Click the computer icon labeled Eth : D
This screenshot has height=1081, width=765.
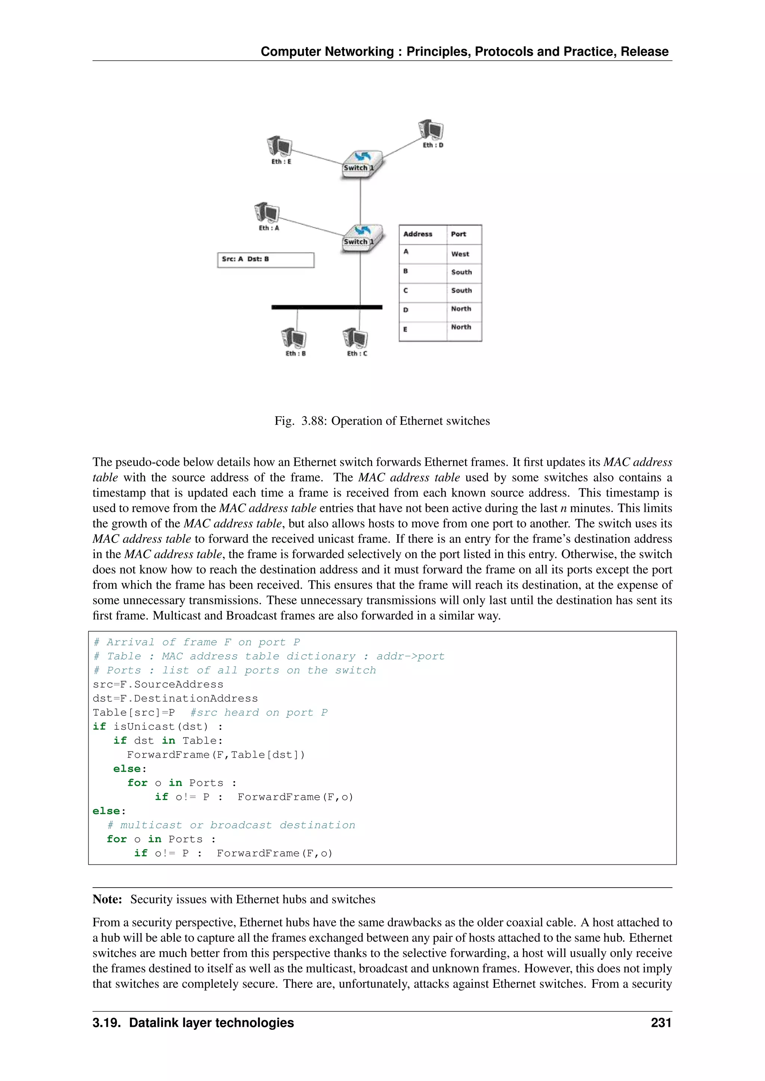click(x=431, y=130)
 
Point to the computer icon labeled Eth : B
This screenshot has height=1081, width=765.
click(x=294, y=338)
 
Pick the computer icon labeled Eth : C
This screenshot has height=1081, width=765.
click(x=355, y=338)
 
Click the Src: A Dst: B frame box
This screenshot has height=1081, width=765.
click(x=266, y=260)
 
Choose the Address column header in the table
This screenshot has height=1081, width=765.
click(x=418, y=234)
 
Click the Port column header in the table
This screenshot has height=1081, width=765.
click(x=458, y=234)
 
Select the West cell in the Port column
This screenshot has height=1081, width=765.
click(x=460, y=254)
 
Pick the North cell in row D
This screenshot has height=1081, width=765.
click(x=461, y=309)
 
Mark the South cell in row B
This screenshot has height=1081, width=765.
click(x=461, y=272)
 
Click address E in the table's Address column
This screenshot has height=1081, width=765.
click(x=405, y=329)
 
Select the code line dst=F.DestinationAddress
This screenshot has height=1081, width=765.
click(x=175, y=698)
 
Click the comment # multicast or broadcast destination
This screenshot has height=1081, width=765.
click(x=231, y=825)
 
